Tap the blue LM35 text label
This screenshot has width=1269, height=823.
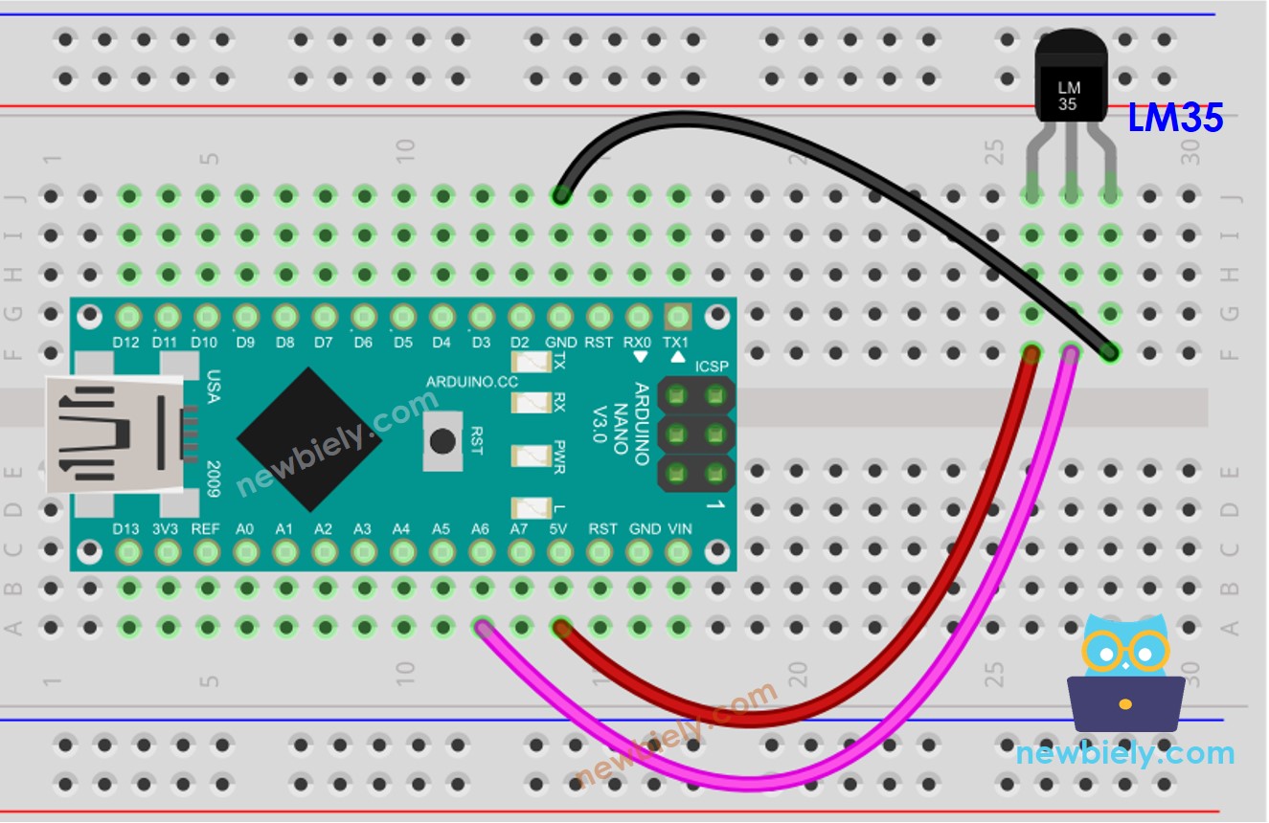[x=1175, y=119]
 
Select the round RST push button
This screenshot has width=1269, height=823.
[x=442, y=441]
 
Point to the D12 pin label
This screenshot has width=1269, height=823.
[x=126, y=342]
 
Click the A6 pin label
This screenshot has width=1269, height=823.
[x=480, y=528]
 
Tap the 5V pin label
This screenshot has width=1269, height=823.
[x=559, y=528]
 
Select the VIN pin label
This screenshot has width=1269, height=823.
[x=678, y=528]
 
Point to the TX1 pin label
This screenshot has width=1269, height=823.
[x=676, y=342]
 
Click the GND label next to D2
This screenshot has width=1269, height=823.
[x=560, y=342]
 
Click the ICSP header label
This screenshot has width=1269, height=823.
[x=711, y=366]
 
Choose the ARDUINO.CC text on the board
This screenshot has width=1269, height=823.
[x=472, y=382]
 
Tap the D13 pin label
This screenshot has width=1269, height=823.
[x=126, y=528]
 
